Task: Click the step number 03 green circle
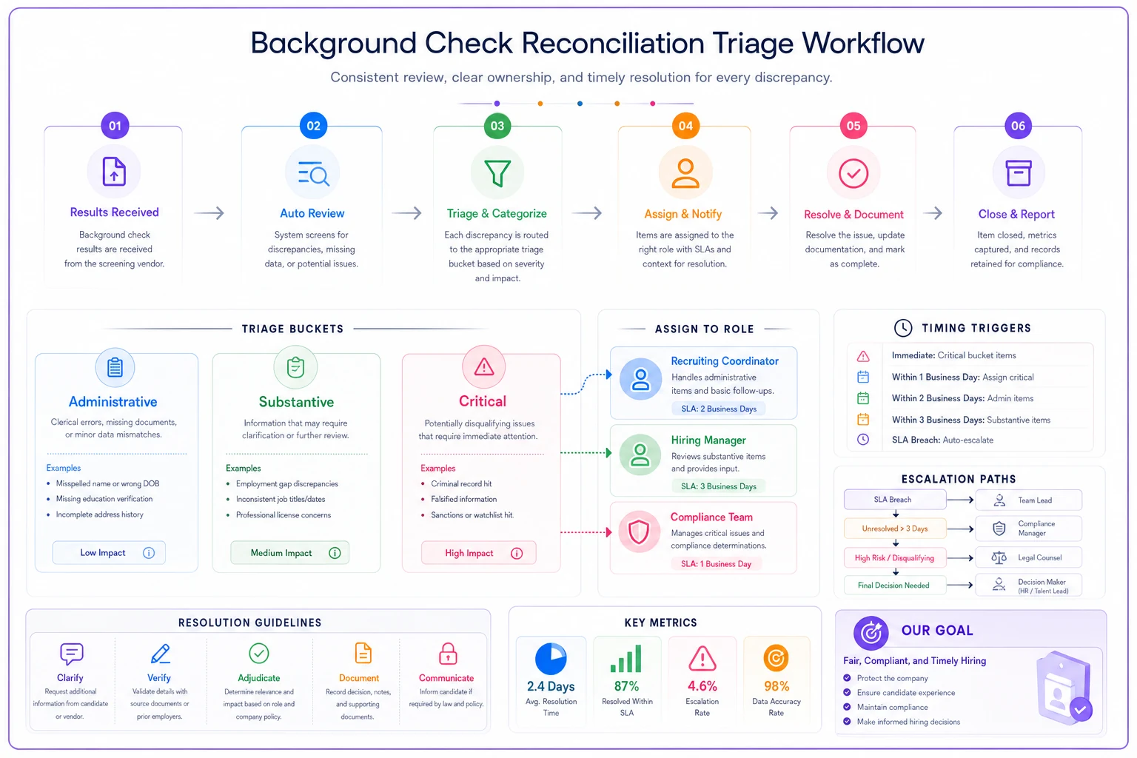tap(497, 126)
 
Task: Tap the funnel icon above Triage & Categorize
tap(497, 173)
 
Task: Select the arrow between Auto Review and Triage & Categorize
tap(406, 212)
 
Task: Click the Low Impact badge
tap(109, 552)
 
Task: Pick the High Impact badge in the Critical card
tap(479, 553)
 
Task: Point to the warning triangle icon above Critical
tap(483, 366)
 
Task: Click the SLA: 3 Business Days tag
tap(718, 486)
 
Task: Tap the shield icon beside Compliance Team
tap(639, 531)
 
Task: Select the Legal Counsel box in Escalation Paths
tap(1028, 557)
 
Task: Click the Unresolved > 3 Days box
tap(895, 529)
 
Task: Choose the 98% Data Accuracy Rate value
tap(777, 686)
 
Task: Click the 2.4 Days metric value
tap(551, 686)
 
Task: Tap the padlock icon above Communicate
tap(447, 654)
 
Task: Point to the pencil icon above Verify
tap(161, 654)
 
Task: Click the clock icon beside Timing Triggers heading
tap(903, 328)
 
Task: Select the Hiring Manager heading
tap(708, 440)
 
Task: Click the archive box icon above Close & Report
tap(1019, 173)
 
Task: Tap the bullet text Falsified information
tap(463, 499)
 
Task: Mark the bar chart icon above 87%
tap(626, 659)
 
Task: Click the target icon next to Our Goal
tap(871, 633)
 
